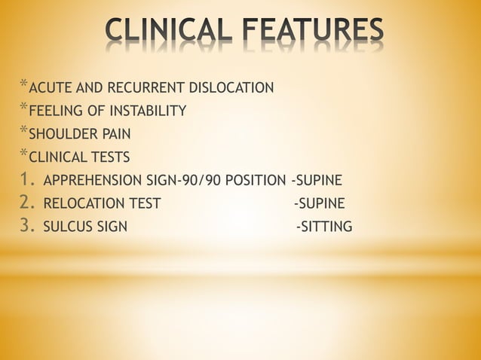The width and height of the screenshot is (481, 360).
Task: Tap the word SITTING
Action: [326, 226]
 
